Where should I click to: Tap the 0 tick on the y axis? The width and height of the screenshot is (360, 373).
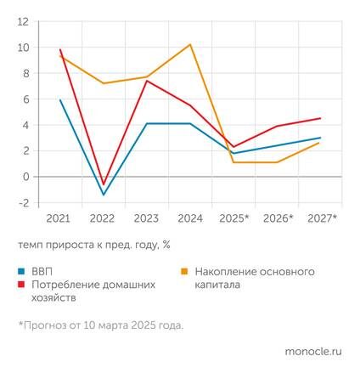[25, 177]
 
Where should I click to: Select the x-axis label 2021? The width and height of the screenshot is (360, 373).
[59, 218]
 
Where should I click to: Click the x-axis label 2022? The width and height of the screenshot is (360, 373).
[104, 218]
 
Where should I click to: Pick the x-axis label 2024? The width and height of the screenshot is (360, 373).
[191, 218]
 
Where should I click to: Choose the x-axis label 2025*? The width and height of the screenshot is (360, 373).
[235, 218]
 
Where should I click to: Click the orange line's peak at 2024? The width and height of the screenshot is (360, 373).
[191, 44]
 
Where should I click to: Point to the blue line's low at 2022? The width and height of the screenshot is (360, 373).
[104, 195]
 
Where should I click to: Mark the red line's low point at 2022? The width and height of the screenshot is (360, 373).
[104, 184]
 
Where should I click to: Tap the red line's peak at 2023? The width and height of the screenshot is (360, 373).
[147, 81]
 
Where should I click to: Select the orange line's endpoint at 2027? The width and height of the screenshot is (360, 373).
[319, 143]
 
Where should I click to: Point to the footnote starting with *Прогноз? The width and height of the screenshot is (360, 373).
[99, 325]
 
